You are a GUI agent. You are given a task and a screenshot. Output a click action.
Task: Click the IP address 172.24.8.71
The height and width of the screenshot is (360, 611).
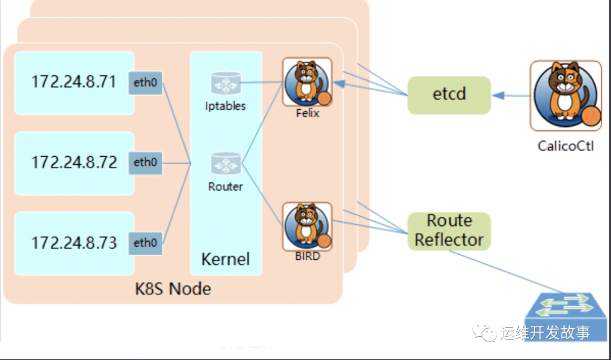click(x=74, y=82)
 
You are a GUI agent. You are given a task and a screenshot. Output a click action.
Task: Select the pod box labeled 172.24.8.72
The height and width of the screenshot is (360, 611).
click(x=74, y=163)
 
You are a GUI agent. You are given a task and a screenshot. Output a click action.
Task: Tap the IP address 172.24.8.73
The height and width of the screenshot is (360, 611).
click(x=74, y=243)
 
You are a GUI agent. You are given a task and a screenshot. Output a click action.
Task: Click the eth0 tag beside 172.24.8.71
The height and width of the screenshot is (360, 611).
click(x=145, y=83)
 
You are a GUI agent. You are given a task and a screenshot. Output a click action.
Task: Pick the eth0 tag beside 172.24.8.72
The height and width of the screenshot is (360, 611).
click(x=145, y=162)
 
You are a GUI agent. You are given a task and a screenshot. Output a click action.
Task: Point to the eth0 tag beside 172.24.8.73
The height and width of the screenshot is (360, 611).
click(x=145, y=243)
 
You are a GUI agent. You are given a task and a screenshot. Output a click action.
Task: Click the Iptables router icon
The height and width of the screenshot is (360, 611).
click(x=226, y=84)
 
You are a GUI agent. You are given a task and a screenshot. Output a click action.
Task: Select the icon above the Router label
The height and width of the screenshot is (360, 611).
click(x=226, y=164)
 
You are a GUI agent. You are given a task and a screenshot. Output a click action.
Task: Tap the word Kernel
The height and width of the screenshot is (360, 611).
click(x=225, y=259)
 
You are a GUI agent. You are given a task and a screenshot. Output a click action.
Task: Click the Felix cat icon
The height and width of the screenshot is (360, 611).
click(x=307, y=82)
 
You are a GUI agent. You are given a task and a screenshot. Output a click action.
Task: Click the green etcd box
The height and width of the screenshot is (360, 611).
click(x=449, y=94)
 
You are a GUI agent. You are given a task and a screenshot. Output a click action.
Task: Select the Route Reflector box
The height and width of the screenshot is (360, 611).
click(x=449, y=230)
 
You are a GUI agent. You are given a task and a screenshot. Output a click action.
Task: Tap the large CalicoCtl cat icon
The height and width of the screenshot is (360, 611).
click(x=566, y=95)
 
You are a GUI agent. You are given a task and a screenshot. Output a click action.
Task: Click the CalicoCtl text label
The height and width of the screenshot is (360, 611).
click(x=566, y=146)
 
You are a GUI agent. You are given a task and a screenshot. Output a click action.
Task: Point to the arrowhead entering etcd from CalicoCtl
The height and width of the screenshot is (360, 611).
click(x=497, y=95)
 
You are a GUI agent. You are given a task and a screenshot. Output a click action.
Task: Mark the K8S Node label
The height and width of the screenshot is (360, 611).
click(x=173, y=289)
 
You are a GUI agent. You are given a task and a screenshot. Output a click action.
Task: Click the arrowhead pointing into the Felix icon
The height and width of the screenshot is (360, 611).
click(x=338, y=83)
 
